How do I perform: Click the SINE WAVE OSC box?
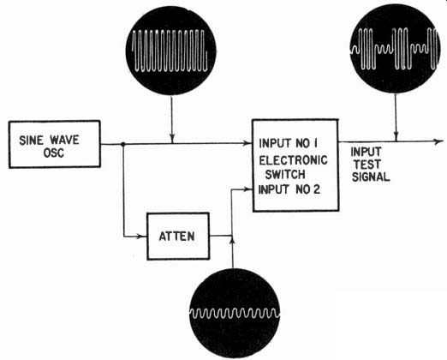55,144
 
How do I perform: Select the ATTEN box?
178,236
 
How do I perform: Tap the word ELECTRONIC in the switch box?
293,160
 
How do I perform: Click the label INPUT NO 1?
289,143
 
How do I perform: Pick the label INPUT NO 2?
289,189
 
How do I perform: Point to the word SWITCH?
285,174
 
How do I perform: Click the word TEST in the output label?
367,165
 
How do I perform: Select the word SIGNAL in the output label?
371,177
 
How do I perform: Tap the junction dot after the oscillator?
123,144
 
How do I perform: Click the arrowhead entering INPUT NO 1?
247,143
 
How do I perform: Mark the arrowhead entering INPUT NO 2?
247,189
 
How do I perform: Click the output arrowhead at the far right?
439,141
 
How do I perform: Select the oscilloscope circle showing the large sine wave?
170,51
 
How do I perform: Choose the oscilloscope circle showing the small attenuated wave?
235,313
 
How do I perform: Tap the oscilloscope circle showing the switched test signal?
395,49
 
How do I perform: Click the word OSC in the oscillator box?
53,153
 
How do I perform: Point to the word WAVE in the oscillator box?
64,140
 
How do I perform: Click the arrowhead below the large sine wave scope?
172,138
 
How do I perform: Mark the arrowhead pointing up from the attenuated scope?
233,241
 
